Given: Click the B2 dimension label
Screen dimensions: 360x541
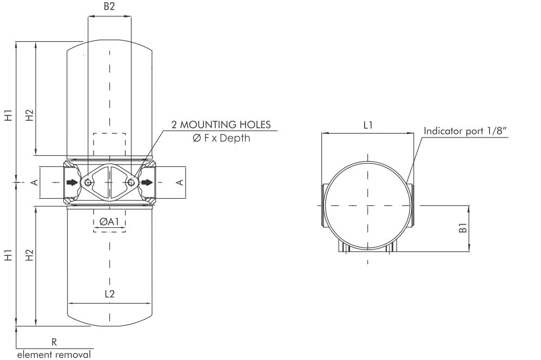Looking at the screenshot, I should click(109, 8).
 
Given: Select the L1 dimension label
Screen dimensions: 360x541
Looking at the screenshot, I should click(368, 125).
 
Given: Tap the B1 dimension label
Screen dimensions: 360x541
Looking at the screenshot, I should click(463, 228).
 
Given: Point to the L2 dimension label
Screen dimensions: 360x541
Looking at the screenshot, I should click(109, 294).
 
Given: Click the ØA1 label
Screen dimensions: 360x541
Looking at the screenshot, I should click(110, 221).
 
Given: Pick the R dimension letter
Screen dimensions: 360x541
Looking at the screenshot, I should click(54, 342).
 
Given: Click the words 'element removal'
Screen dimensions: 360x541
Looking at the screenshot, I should click(54, 355).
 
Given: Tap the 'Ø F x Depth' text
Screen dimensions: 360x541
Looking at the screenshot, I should click(221, 139).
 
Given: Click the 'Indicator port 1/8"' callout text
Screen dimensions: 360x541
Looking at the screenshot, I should click(465, 130).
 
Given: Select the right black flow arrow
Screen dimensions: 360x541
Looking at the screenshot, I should click(147, 183).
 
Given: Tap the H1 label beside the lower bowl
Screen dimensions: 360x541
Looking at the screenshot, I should click(8, 256).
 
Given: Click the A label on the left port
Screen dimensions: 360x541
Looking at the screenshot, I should click(35, 183).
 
